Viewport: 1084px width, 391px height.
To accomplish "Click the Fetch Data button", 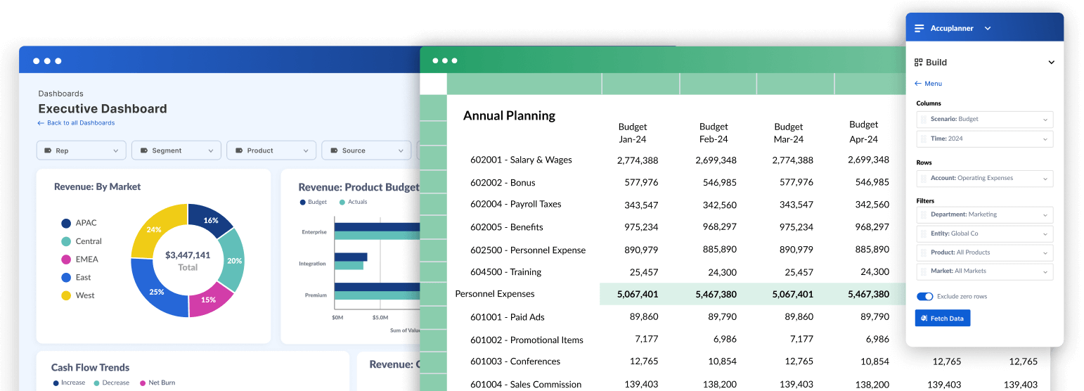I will pos(942,319).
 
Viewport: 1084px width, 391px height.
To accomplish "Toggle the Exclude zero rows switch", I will pos(924,297).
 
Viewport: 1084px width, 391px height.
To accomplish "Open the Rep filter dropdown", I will pos(81,150).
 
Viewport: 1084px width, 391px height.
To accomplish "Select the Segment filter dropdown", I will pos(176,150).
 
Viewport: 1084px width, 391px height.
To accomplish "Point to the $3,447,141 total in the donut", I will pos(188,255).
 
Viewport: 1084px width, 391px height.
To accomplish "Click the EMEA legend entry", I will pos(86,259).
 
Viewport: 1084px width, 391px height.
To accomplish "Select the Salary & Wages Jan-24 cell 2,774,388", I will pos(637,160).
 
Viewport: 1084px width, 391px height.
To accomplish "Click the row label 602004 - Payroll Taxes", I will pos(516,205).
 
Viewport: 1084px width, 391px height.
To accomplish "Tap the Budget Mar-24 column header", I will pos(788,133).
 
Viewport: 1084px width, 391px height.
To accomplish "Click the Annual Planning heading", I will pos(509,116).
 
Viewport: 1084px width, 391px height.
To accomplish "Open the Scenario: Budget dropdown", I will pos(984,120).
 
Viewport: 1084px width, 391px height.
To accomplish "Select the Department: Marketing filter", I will pos(984,214).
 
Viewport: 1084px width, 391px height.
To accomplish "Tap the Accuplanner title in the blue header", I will pos(952,28).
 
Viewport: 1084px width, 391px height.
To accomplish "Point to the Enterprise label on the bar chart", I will pos(314,232).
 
